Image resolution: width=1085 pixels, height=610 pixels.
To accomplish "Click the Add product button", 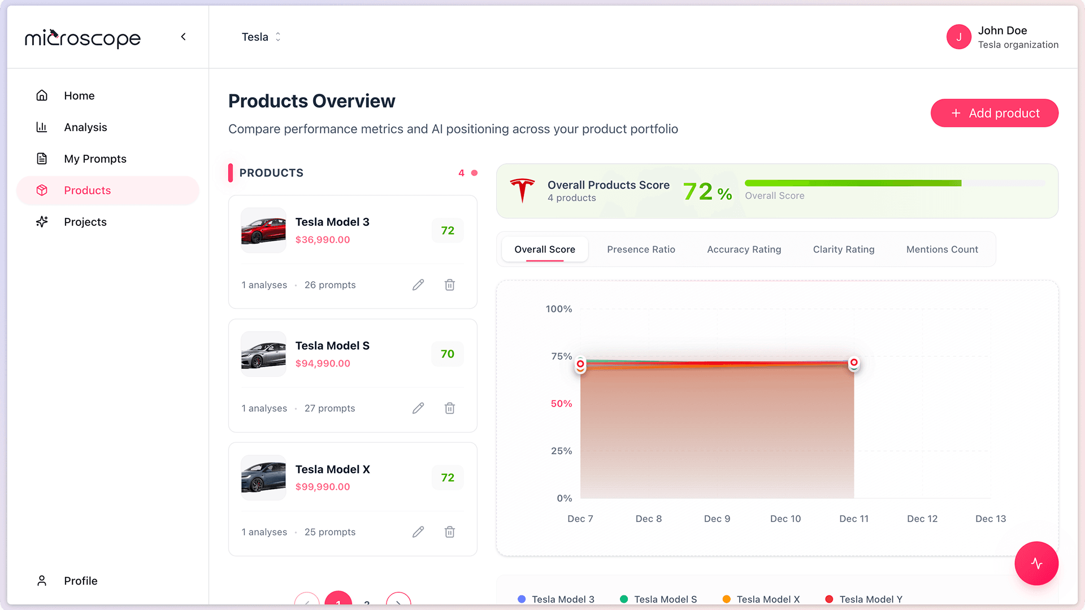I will coord(994,113).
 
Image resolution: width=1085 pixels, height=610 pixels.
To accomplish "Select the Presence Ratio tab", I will coord(641,249).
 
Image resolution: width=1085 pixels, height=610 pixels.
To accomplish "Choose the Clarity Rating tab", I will coord(843,249).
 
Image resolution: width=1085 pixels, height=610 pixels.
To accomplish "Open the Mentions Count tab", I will coord(941,249).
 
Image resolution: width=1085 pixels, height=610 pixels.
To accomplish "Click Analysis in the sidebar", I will coord(85,127).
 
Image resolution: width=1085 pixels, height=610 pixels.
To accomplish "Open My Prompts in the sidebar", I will coord(95,159).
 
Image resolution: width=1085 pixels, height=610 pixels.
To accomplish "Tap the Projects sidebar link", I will coord(85,222).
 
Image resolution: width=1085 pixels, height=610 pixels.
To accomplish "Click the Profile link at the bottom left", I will coord(80,581).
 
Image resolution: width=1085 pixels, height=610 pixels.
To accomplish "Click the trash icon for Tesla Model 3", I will coord(449,285).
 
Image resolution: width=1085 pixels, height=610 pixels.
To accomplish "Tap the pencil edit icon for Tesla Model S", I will coord(418,408).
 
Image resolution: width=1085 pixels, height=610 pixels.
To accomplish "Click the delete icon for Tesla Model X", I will coord(449,531).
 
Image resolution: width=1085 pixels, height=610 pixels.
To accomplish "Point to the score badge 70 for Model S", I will coord(447,354).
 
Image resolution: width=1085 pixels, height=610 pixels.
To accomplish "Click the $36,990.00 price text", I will coord(322,239).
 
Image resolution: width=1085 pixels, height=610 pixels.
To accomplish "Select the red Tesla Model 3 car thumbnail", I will coord(263,230).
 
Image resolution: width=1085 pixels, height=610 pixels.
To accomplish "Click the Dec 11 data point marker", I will coord(853,363).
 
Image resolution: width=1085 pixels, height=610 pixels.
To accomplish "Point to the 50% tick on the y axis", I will coord(561,403).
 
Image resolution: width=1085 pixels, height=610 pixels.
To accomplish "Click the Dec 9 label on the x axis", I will coord(717,518).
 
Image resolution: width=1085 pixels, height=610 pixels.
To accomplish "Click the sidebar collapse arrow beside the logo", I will coord(183,37).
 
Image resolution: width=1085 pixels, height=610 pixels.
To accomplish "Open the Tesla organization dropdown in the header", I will coord(261,37).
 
